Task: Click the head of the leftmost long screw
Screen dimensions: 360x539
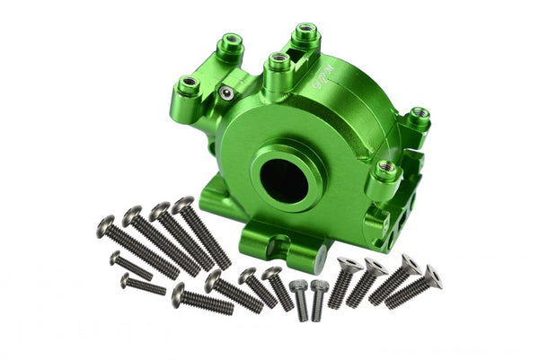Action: point(106,223)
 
